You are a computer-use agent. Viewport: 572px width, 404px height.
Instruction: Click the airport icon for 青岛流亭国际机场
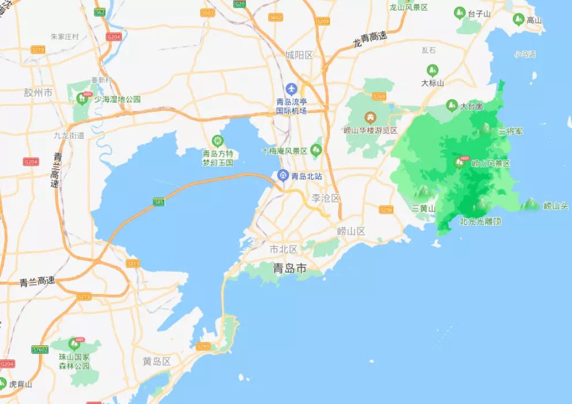tap(291, 89)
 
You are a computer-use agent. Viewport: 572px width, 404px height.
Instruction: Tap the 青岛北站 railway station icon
tap(283, 176)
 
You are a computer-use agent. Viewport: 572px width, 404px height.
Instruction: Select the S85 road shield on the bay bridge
tap(159, 202)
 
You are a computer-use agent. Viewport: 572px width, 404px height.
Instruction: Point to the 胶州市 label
tap(38, 93)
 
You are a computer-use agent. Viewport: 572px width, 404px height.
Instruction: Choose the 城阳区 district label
tap(299, 55)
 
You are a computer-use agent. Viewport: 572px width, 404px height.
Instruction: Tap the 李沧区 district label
tap(326, 198)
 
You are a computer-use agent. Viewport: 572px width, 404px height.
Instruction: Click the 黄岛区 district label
tap(157, 361)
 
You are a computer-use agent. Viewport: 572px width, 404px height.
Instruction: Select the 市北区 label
tap(284, 249)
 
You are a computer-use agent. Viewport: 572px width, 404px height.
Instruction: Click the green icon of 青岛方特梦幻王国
tap(217, 140)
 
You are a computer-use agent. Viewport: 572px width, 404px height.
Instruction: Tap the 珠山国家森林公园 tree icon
tap(74, 344)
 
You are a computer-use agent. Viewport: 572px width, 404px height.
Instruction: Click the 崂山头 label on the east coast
tap(556, 205)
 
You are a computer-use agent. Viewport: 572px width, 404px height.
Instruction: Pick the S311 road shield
tap(133, 264)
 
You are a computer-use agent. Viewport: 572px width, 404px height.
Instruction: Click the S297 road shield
tap(203, 346)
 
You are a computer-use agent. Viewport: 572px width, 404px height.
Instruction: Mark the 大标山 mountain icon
tap(432, 70)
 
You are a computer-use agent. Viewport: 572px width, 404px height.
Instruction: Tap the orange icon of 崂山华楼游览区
tap(371, 117)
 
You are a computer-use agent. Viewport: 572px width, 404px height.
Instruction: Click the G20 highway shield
tap(240, 3)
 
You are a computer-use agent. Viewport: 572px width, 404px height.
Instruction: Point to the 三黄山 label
tap(424, 208)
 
